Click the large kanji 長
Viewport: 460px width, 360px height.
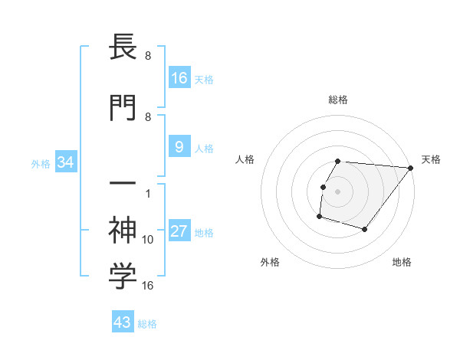coord(123,48)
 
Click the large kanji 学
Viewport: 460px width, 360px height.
coord(123,277)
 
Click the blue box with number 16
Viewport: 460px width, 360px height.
coord(179,78)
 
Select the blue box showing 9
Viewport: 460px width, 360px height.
coord(179,147)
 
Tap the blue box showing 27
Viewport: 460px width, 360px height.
coord(179,232)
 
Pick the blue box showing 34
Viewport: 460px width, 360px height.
coord(65,163)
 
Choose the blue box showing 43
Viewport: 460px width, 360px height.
coord(122,323)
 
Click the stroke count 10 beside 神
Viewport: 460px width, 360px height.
coord(148,240)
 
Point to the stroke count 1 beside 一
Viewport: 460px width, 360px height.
coord(148,193)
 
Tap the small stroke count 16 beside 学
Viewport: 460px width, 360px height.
coord(148,286)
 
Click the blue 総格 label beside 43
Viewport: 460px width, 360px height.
coord(147,324)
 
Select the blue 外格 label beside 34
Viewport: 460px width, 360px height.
coord(41,164)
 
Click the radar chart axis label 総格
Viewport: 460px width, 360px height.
coord(338,100)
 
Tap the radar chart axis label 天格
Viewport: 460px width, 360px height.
coord(432,159)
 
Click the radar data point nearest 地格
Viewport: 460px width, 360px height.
coord(365,229)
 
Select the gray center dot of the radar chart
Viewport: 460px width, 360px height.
coord(338,191)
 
